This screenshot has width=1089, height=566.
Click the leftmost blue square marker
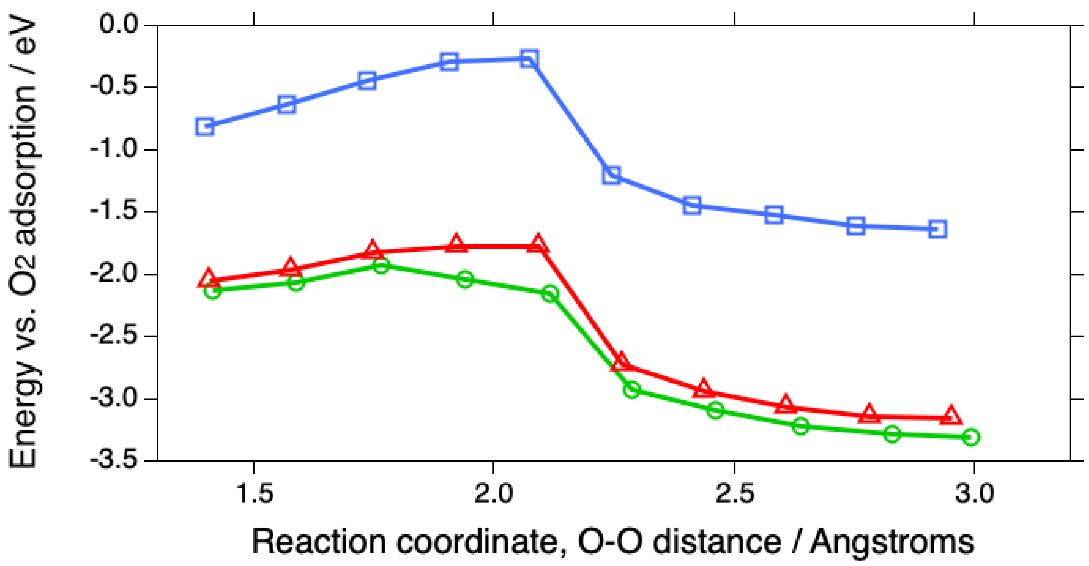(x=205, y=126)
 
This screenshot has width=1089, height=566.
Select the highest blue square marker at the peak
(x=529, y=59)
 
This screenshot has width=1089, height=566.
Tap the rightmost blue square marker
(x=937, y=229)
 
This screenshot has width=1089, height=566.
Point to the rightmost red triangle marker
(x=951, y=416)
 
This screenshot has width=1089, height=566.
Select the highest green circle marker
(x=381, y=266)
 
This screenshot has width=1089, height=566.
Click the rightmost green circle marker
(x=971, y=437)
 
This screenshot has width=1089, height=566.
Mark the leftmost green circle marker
(x=213, y=291)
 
